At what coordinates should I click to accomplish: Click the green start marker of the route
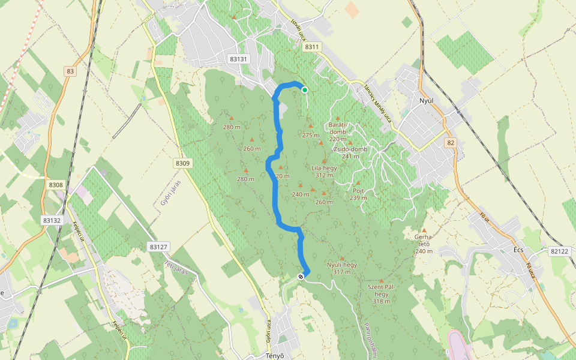[305, 90]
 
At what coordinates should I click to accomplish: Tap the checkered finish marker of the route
[300, 277]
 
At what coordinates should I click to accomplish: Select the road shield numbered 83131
[238, 59]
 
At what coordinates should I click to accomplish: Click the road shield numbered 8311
[312, 46]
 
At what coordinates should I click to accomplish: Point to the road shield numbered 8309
[183, 163]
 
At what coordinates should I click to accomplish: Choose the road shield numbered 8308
[56, 185]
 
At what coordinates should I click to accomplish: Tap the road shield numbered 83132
[52, 221]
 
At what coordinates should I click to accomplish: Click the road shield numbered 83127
[159, 247]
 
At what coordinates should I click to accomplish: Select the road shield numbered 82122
[559, 251]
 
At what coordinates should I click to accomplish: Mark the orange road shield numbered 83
[71, 71]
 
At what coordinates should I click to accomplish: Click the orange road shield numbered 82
[451, 143]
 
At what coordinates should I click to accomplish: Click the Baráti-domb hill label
[338, 128]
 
